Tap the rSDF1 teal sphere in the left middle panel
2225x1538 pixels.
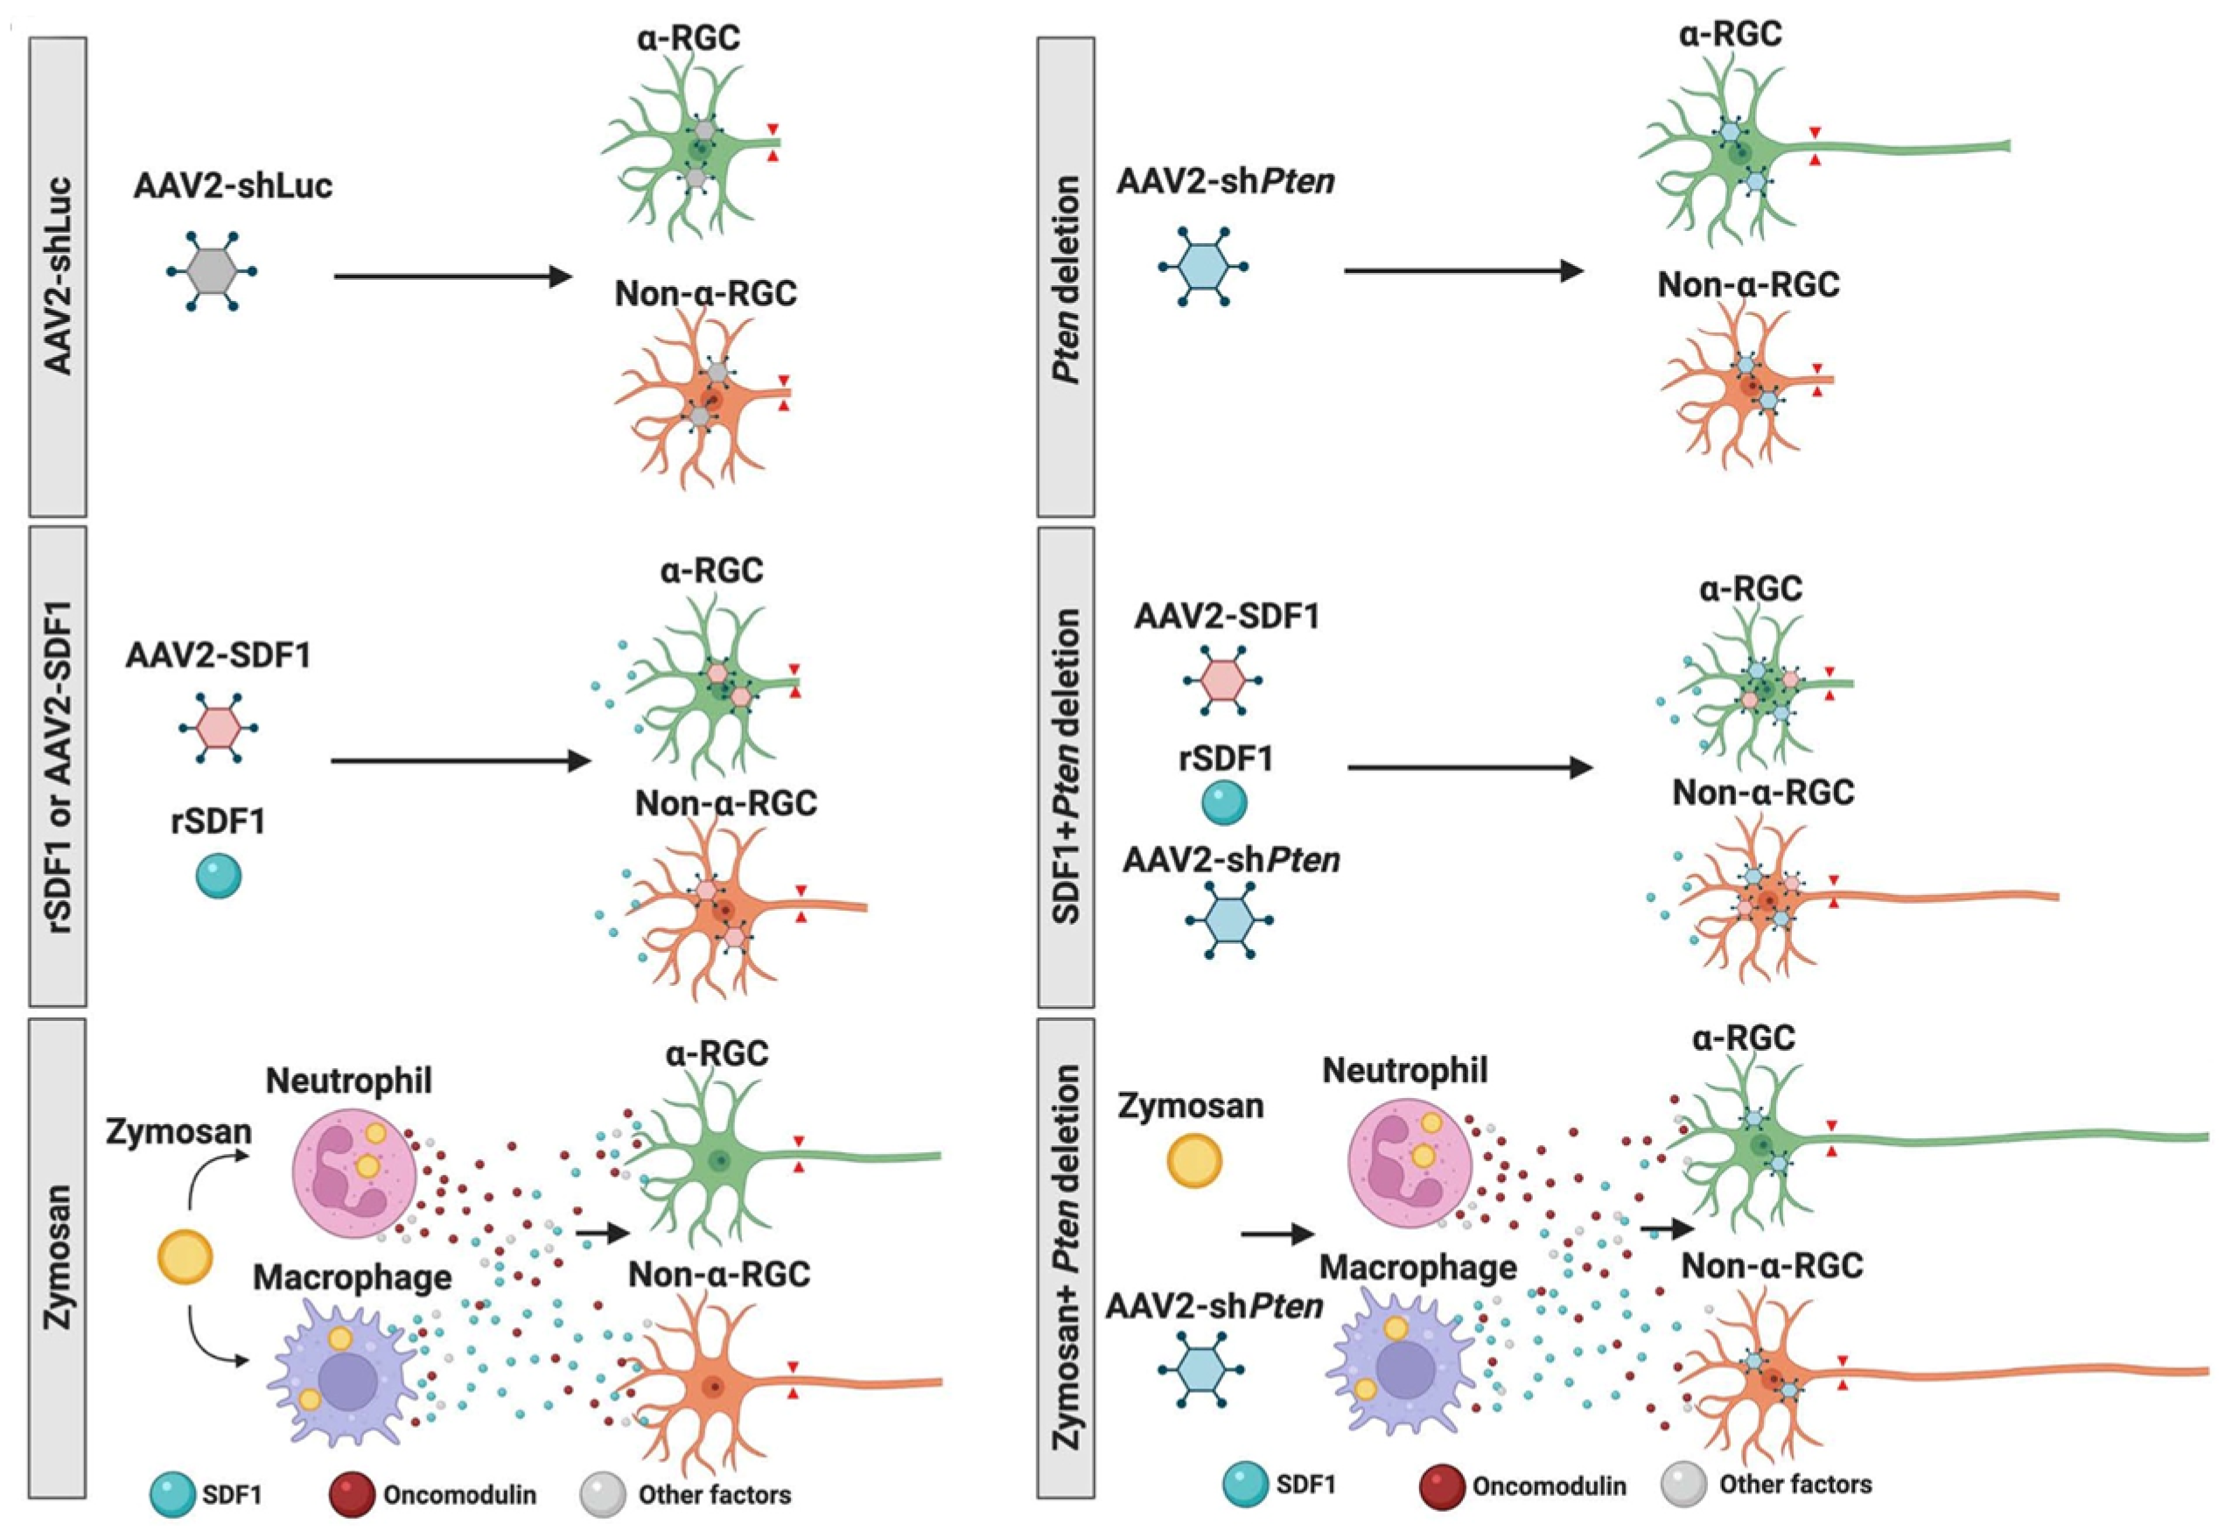219,876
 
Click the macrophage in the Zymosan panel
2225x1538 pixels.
344,1374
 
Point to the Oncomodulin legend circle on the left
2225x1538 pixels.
352,1494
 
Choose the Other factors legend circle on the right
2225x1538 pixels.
1684,1484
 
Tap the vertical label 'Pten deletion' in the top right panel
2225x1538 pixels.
1066,279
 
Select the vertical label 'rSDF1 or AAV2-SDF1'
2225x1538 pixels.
59,766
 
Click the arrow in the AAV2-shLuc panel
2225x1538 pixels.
453,277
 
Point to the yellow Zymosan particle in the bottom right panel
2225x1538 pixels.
1194,1161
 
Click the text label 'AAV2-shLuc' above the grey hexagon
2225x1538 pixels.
234,185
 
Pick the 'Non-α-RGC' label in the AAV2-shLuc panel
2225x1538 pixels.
705,293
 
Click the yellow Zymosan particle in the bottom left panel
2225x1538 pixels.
185,1255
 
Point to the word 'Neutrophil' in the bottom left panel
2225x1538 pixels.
349,1080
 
